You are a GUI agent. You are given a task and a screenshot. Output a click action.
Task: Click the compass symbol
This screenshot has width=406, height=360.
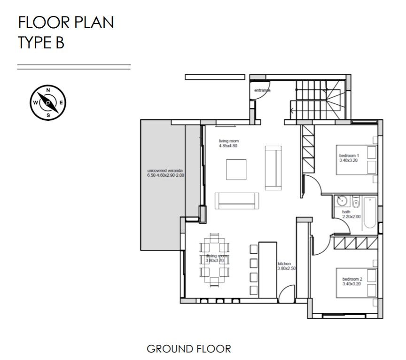[48, 102]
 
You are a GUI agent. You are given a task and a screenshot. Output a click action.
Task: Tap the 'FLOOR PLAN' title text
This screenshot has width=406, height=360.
[65, 23]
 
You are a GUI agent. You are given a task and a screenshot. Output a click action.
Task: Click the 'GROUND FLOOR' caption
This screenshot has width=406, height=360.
[189, 349]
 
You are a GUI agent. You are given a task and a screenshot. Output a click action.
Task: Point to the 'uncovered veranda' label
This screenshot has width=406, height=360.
[165, 172]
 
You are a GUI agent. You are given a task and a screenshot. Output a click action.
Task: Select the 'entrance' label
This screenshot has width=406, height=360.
[263, 90]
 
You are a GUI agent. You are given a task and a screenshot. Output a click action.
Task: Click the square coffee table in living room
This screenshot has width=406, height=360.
[236, 170]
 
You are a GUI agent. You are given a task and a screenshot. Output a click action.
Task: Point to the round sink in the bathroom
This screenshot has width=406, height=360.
[342, 201]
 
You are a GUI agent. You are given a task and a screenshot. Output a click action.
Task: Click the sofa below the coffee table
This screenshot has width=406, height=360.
[237, 201]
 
